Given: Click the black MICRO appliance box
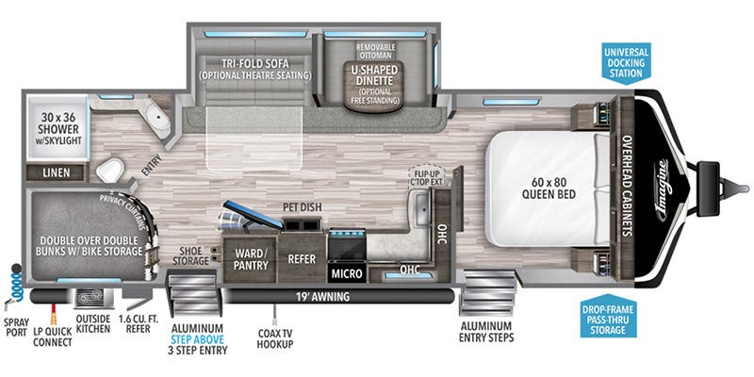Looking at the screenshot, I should point(346,273).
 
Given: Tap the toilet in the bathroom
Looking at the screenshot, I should point(111,170).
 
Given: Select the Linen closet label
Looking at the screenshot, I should point(57,172).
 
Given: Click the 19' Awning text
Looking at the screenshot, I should point(323,297).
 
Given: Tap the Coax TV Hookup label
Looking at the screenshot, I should point(274,338).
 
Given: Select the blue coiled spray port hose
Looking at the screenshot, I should point(14,283).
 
